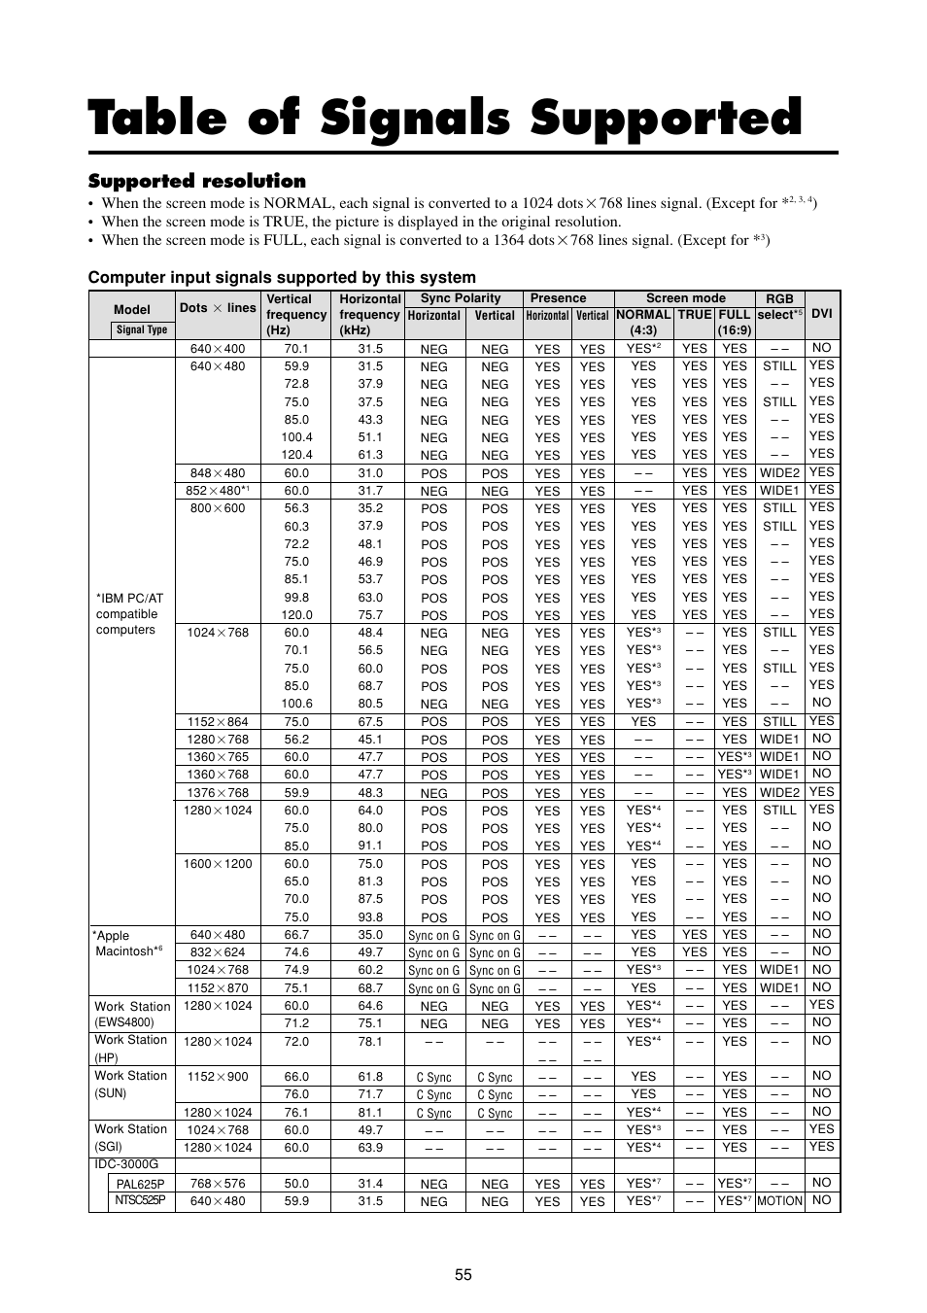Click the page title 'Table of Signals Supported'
pos(445,120)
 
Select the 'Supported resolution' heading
pos(196,181)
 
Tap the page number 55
pos(463,1274)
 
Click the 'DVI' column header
pos(822,314)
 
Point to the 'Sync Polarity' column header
pos(461,298)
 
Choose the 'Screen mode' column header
pos(685,298)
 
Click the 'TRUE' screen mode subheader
pos(694,314)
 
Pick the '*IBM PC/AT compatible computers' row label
pos(130,613)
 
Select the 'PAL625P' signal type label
pos(141,1184)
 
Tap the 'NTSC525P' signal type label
pos(141,1200)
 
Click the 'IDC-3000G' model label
pos(126,1164)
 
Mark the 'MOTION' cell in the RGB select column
pos(779,1201)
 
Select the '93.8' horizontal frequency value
pos(370,916)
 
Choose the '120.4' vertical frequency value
pos(296,454)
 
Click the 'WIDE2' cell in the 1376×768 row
pos(779,792)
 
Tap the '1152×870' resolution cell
pos(218,987)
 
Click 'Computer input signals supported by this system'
pos(282,277)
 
